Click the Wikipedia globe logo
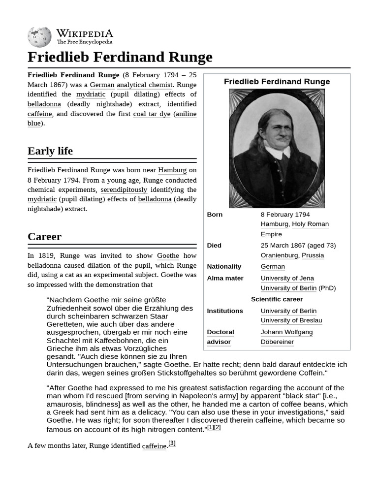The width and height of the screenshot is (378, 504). tap(39, 37)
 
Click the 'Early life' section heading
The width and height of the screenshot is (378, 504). tap(50, 151)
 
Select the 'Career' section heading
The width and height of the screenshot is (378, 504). tap(45, 237)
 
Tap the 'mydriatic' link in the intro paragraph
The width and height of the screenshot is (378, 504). tap(91, 94)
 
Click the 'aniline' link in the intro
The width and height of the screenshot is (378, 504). tap(186, 114)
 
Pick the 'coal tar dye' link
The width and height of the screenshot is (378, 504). tap(152, 114)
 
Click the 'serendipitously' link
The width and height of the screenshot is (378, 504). tap(124, 190)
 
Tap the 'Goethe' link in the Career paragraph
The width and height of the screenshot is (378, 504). tap(168, 256)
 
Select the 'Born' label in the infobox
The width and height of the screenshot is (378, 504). tap(215, 215)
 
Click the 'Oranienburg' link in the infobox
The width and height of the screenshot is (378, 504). tap(279, 255)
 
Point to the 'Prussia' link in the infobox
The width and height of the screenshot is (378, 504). tap(313, 255)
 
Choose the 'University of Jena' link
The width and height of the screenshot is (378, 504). tap(287, 279)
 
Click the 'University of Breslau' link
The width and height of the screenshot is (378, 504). tap(291, 320)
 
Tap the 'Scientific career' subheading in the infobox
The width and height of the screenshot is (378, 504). tap(277, 299)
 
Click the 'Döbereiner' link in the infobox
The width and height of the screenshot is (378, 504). tap(277, 342)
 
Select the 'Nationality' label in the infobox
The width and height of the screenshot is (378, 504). tap(224, 267)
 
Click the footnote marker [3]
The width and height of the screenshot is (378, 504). tap(172, 443)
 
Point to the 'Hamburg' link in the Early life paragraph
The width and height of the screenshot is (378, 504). tap(172, 170)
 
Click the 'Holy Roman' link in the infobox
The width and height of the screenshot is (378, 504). tap(310, 224)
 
